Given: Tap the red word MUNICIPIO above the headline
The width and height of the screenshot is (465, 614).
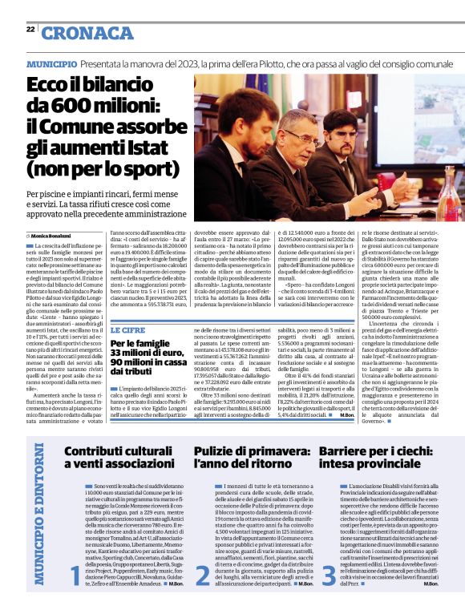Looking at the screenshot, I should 51,63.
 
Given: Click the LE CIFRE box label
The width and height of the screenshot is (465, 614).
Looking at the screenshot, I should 127,329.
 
